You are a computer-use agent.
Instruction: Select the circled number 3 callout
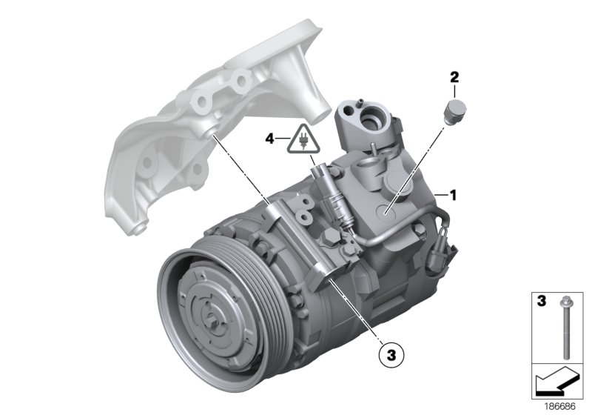(393, 355)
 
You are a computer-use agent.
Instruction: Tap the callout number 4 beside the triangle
(272, 139)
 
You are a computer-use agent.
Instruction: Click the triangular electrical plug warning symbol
(301, 140)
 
